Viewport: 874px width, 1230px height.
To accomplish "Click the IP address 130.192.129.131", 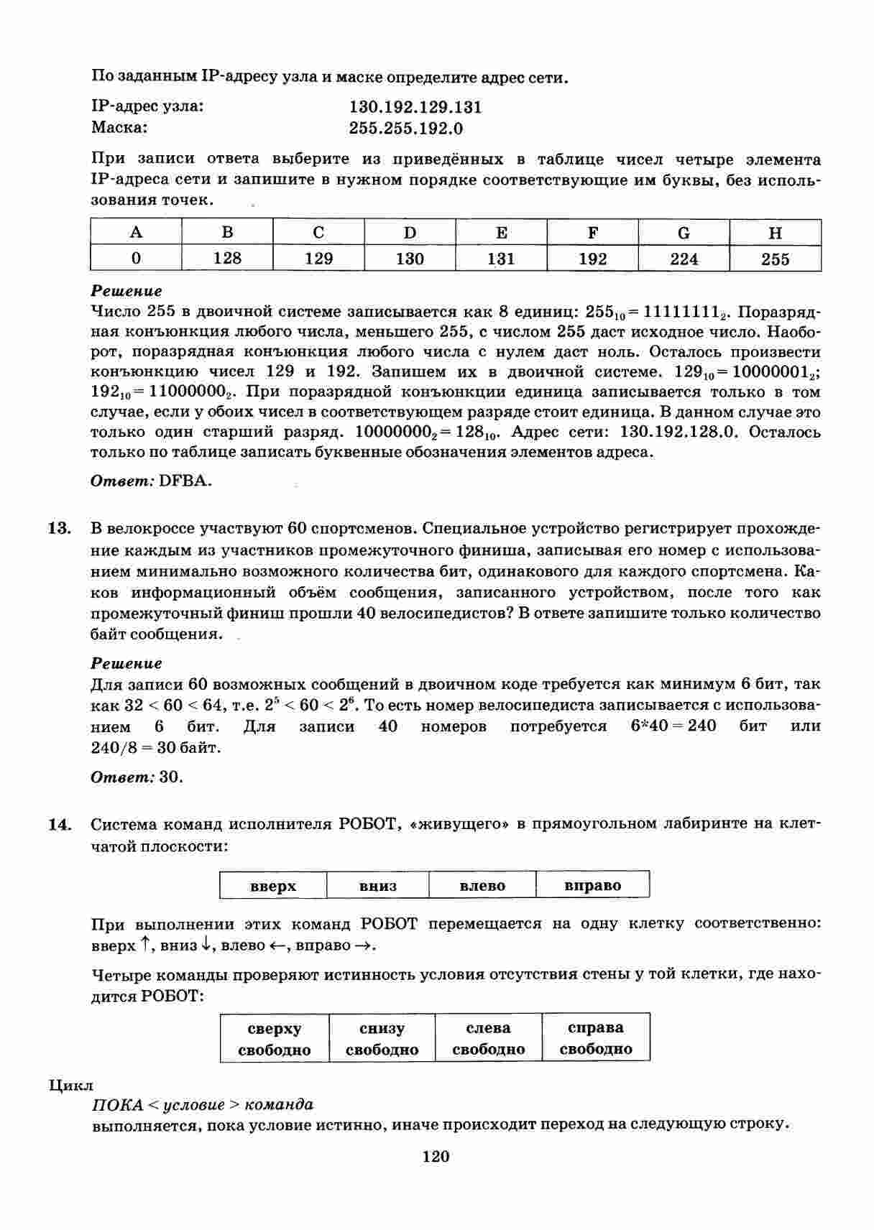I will pyautogui.click(x=415, y=108).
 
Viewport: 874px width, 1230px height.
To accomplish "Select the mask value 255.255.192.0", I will pyautogui.click(x=406, y=129).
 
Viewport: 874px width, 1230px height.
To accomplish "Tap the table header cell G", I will pyautogui.click(x=684, y=233).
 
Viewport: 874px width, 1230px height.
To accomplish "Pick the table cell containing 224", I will pyautogui.click(x=684, y=259).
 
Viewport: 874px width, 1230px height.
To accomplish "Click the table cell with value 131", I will pyautogui.click(x=501, y=259).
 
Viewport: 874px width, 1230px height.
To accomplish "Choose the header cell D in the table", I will pyautogui.click(x=410, y=233).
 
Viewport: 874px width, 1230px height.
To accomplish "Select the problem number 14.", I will pyautogui.click(x=60, y=824).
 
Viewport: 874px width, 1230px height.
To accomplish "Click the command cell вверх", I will pyautogui.click(x=273, y=886).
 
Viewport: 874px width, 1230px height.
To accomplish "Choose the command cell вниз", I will pyautogui.click(x=378, y=886).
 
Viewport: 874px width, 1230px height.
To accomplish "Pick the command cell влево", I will pyautogui.click(x=482, y=886).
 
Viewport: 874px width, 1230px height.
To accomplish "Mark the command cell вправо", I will pyautogui.click(x=593, y=886).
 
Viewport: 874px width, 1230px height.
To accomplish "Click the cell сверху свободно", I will pyautogui.click(x=275, y=1039).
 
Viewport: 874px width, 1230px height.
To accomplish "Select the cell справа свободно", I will pyautogui.click(x=596, y=1039).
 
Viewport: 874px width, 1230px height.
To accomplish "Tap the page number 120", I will pyautogui.click(x=436, y=1157).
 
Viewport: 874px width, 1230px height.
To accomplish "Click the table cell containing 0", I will pyautogui.click(x=136, y=259).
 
